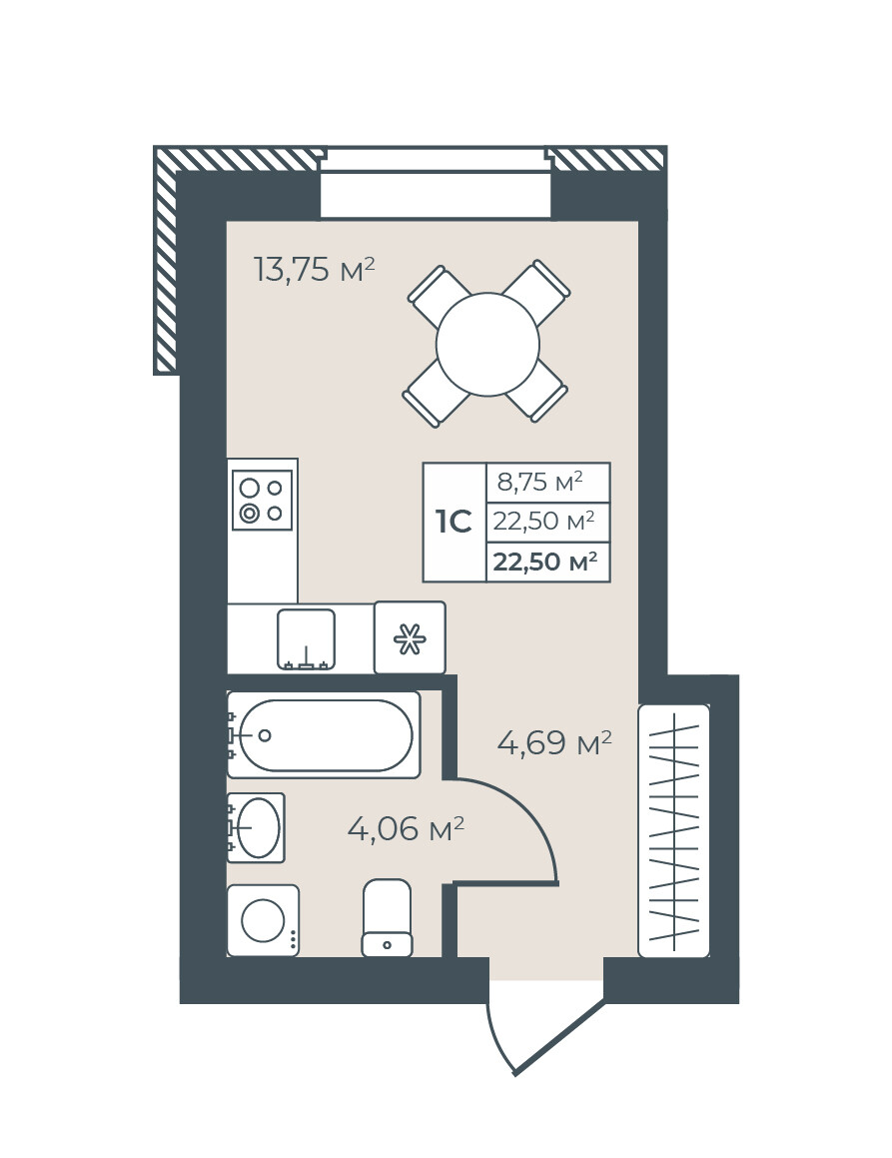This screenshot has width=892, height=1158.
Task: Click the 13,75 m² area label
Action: (314, 270)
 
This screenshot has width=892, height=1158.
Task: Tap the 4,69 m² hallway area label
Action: (554, 742)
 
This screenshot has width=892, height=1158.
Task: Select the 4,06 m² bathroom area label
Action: (406, 828)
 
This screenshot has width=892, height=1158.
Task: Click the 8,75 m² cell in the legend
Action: (539, 483)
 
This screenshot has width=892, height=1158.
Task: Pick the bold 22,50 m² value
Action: (545, 563)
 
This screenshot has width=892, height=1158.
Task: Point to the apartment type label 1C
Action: (453, 523)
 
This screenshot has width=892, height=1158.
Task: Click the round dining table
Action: (488, 344)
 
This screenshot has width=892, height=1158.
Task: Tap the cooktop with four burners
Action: (262, 500)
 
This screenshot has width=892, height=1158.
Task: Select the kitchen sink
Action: (307, 639)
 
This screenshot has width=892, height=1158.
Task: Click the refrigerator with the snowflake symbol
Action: (410, 637)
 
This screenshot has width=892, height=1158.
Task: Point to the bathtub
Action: (324, 734)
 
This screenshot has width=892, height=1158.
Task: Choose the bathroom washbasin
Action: (256, 827)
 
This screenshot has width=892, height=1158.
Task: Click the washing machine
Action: (263, 920)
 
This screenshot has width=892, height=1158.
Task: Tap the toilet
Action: (387, 918)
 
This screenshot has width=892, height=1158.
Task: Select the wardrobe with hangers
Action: (673, 831)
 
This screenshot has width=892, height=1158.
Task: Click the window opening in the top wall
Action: (437, 184)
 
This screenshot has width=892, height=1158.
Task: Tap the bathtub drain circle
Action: (265, 734)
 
